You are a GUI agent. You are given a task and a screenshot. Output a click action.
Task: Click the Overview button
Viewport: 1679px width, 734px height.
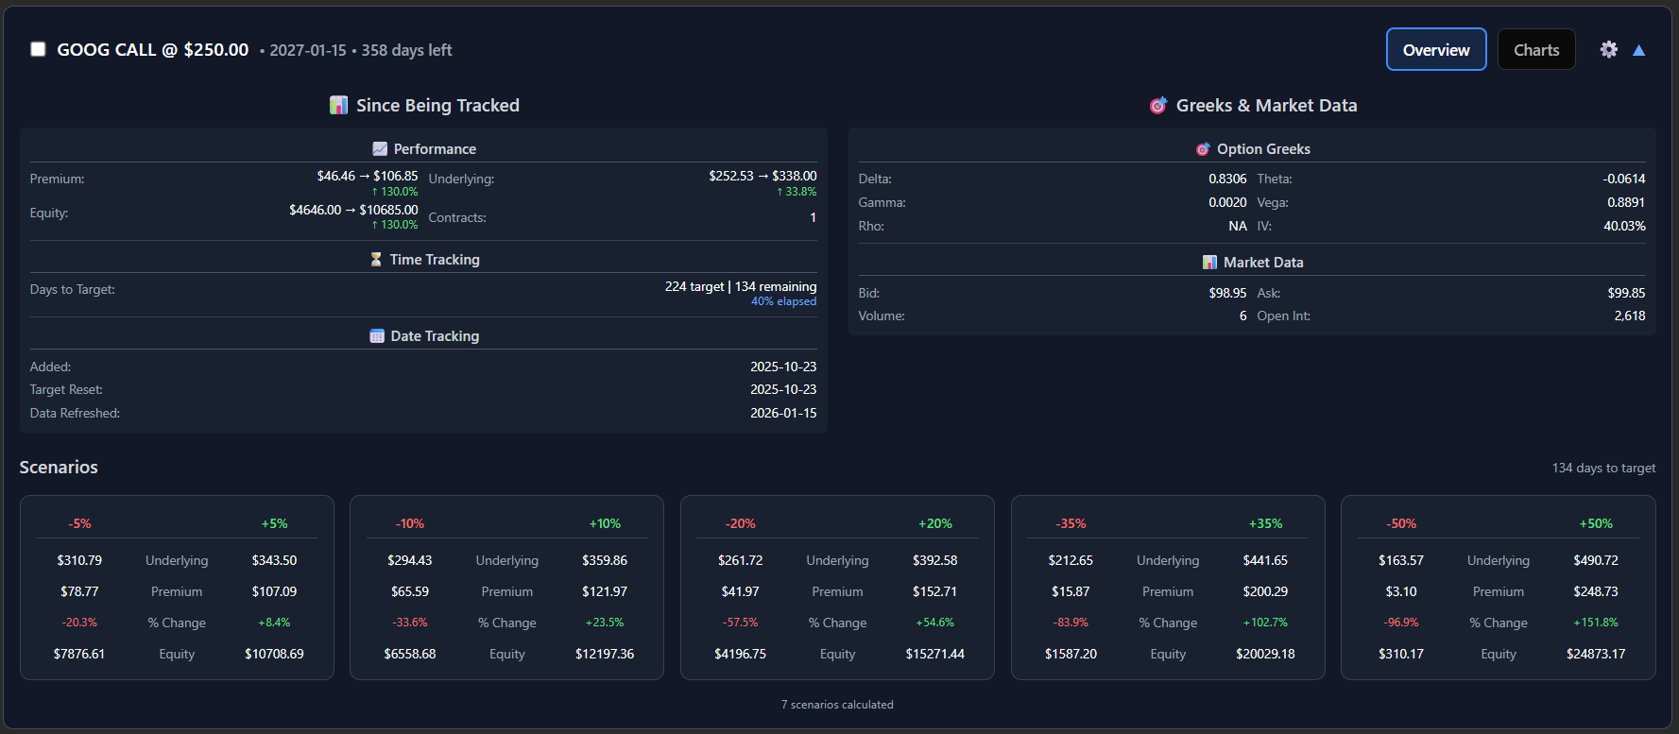(1435, 50)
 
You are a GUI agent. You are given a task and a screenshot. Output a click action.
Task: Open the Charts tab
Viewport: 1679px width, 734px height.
(1535, 50)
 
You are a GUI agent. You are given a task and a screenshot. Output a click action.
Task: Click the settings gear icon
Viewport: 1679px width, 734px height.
(1608, 49)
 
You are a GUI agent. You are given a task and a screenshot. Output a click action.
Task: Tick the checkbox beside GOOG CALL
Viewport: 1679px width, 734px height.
(38, 49)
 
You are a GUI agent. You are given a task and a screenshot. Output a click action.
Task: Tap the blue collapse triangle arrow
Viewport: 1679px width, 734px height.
(1638, 50)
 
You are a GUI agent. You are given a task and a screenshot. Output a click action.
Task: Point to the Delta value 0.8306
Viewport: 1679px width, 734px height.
(1226, 179)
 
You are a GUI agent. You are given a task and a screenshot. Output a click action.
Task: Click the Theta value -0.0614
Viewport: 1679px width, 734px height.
(1623, 179)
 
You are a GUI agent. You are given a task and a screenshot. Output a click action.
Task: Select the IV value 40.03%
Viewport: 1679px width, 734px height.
(1623, 226)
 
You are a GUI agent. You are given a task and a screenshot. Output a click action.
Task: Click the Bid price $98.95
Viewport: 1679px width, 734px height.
(1226, 293)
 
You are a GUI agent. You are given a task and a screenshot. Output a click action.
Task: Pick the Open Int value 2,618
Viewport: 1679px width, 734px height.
(1629, 316)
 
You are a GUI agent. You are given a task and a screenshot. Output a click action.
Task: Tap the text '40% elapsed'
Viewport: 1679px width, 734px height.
(783, 301)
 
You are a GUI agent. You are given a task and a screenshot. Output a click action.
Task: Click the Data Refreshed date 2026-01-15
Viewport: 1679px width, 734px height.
(782, 413)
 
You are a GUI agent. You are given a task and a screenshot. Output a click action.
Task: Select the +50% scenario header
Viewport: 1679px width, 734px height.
(1595, 523)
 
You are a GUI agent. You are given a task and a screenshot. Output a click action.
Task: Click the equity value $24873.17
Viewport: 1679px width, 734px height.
(1595, 654)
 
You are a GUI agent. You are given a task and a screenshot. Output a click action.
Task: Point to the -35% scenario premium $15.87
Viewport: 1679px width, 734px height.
(1070, 591)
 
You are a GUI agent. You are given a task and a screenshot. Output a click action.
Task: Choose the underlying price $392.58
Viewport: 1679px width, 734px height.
(934, 560)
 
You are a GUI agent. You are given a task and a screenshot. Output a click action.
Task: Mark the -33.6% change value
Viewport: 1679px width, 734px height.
(409, 623)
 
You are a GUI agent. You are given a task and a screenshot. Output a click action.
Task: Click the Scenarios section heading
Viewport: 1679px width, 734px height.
(59, 468)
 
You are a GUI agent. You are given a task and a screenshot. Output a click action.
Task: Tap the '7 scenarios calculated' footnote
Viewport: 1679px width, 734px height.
(837, 705)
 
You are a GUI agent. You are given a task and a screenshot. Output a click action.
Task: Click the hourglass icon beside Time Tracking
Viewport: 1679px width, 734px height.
(376, 259)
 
